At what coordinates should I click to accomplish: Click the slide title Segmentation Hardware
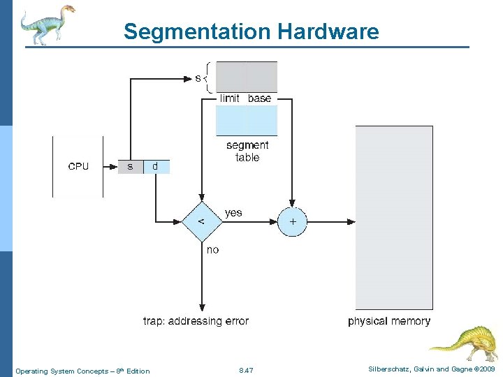251,31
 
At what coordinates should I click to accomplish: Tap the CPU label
78,166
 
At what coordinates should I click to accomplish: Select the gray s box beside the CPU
130,166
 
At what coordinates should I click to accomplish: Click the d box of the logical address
155,166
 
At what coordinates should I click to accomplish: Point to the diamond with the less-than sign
201,221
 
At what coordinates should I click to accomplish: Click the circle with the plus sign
292,221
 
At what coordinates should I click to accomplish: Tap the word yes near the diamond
233,212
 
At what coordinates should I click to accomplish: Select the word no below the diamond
212,249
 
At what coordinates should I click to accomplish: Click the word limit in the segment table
230,98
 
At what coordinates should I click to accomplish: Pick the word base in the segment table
259,98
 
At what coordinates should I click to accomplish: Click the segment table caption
247,151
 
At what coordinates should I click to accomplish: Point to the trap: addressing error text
196,321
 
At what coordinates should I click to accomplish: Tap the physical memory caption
389,321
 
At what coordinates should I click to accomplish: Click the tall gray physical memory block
394,216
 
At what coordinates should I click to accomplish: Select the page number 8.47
246,370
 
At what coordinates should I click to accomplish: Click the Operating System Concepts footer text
82,370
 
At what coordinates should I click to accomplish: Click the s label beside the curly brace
198,78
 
